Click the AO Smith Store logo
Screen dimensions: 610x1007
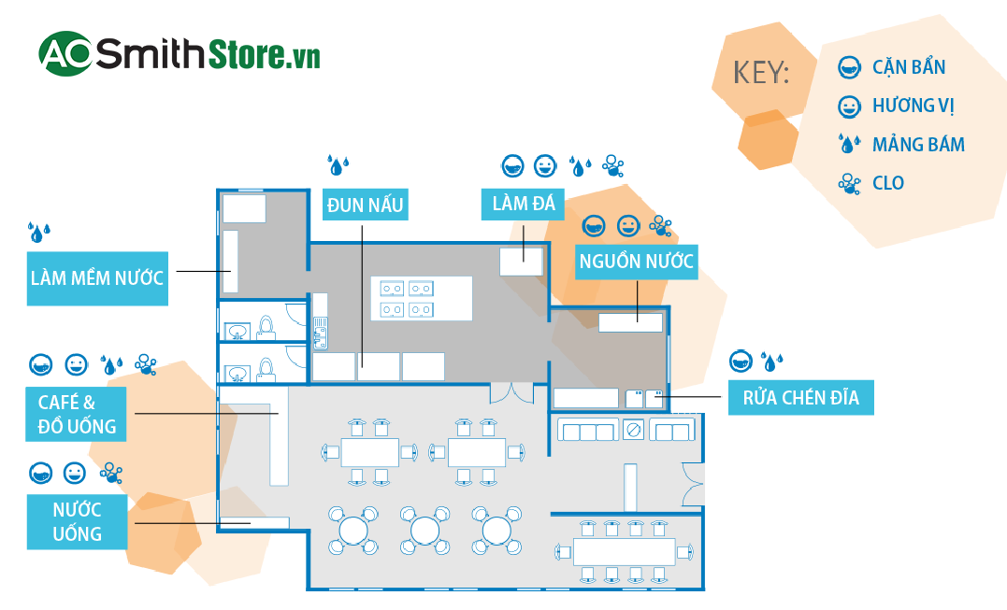[x=180, y=54]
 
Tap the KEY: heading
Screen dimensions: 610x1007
[x=762, y=73]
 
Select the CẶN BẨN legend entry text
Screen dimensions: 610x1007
[x=908, y=67]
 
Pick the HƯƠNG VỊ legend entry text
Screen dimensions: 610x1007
[x=913, y=106]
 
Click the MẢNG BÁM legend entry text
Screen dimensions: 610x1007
[x=918, y=145]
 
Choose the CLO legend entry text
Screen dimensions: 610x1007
[x=888, y=183]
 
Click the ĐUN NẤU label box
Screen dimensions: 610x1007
[x=366, y=205]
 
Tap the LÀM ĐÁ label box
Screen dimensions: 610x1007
[x=524, y=204]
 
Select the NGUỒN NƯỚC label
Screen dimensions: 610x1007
[x=637, y=262]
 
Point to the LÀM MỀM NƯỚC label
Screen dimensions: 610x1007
[x=97, y=277]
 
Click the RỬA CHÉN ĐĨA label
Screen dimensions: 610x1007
[x=800, y=399]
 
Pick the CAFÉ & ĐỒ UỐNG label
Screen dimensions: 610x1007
[x=79, y=415]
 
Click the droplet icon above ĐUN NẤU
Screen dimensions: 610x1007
[x=338, y=166]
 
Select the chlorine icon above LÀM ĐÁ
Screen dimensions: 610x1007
[x=612, y=166]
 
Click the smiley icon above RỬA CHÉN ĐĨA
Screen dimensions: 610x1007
[x=741, y=361]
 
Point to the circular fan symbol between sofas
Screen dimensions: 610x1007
[x=634, y=430]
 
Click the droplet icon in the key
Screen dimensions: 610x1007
[x=849, y=144]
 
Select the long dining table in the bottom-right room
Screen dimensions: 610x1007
[x=624, y=551]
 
